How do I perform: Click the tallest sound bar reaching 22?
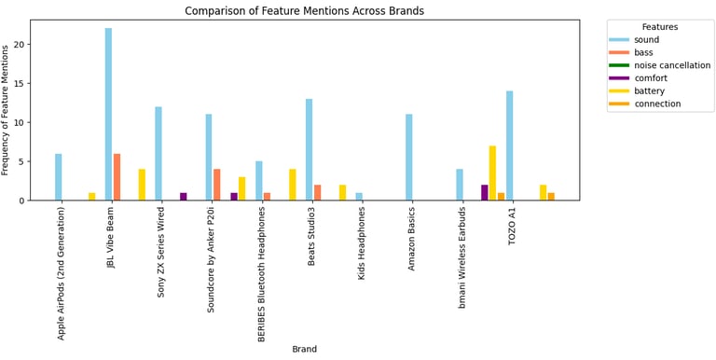[108, 114]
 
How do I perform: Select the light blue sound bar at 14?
[510, 145]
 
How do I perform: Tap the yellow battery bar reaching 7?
[492, 173]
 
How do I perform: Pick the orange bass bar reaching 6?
[117, 176]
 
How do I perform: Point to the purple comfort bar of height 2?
[484, 192]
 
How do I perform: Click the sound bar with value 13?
[309, 149]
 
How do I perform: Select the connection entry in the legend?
[656, 104]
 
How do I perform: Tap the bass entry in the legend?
[644, 52]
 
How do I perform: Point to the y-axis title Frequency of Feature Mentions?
[7, 110]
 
